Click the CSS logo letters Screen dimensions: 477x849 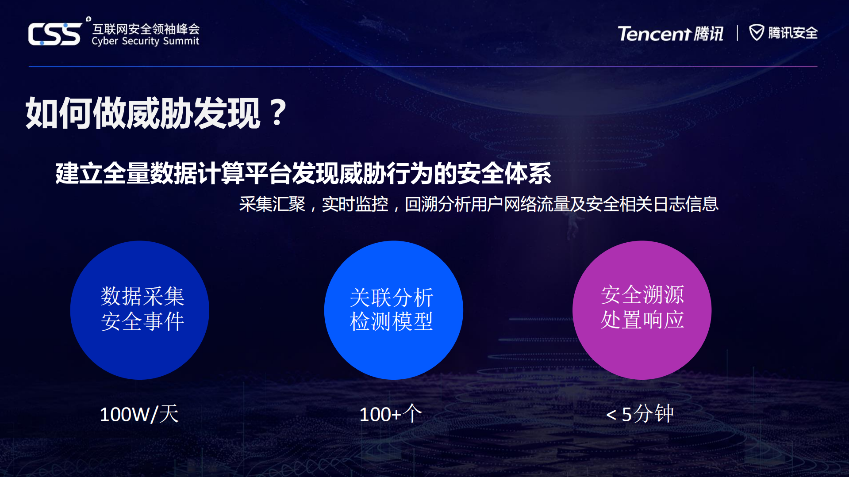[55, 34]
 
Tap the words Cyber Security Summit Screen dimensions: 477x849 [145, 41]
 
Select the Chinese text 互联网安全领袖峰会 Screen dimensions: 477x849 [146, 29]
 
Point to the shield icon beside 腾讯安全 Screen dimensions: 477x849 [756, 32]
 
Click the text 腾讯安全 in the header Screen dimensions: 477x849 [792, 33]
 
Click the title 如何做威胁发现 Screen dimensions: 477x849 [142, 114]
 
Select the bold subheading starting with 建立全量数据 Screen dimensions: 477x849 [303, 173]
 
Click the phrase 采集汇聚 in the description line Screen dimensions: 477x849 [272, 204]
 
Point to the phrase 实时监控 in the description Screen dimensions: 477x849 [355, 204]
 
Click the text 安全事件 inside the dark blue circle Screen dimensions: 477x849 [142, 321]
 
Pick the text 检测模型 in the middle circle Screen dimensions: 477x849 [391, 321]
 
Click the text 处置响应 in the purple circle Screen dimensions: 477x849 [642, 320]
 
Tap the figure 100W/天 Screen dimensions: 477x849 [139, 414]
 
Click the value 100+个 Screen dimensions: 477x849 [391, 414]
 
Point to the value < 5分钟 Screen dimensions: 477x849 [640, 414]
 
